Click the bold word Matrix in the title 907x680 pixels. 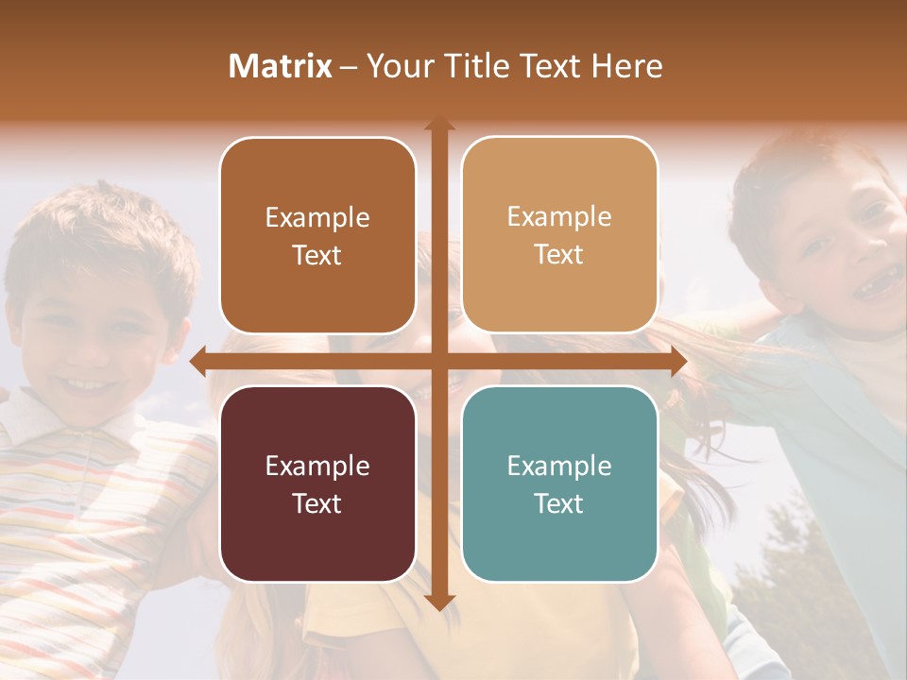click(x=281, y=66)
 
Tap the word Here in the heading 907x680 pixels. click(x=627, y=66)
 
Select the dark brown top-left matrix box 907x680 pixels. click(x=317, y=235)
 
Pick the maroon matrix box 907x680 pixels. click(x=317, y=484)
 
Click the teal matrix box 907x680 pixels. click(x=559, y=484)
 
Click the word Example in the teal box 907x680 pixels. click(x=559, y=466)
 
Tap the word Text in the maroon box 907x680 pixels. click(x=317, y=503)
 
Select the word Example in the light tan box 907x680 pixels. click(x=559, y=216)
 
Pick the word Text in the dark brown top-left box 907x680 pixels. click(x=317, y=255)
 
